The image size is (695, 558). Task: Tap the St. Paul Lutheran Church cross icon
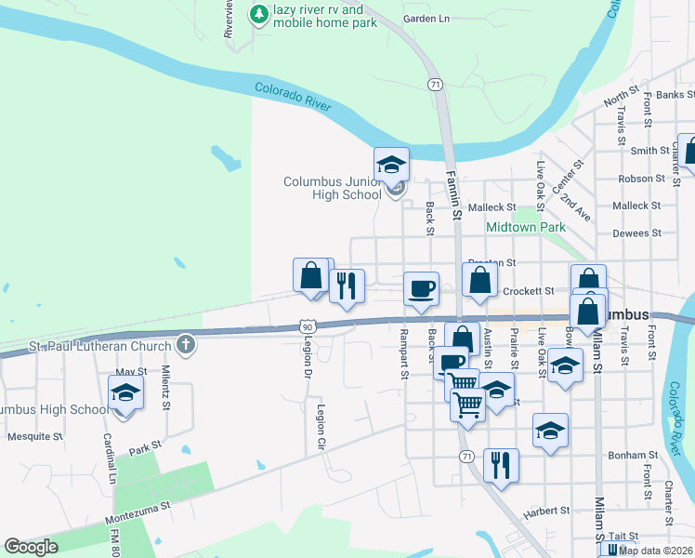[186, 346]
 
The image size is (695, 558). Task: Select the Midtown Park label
[526, 227]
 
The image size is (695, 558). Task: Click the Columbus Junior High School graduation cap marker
[391, 166]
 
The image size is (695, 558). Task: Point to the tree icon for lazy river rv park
[258, 14]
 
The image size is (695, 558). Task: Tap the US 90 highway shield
[308, 326]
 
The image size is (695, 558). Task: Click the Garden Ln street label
[426, 19]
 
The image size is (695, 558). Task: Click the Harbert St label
[545, 511]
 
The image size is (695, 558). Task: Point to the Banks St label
[675, 95]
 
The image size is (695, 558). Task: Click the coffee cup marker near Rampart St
[422, 287]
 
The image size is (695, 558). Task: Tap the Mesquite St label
[34, 435]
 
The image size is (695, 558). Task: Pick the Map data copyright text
[655, 551]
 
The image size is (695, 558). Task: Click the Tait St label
[623, 537]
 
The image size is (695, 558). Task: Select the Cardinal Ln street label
[111, 459]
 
